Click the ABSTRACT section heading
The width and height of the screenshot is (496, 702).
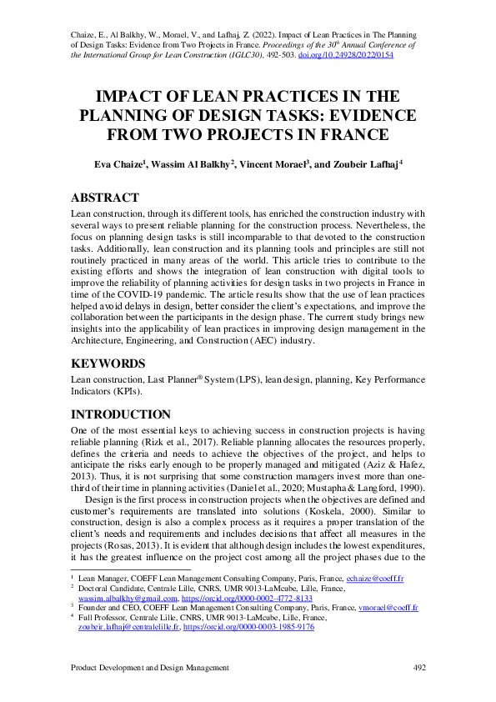point(105,198)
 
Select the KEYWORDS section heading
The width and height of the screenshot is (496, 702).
point(109,364)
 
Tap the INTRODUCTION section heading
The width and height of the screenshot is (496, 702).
point(121,414)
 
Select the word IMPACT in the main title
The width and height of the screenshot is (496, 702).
point(133,97)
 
